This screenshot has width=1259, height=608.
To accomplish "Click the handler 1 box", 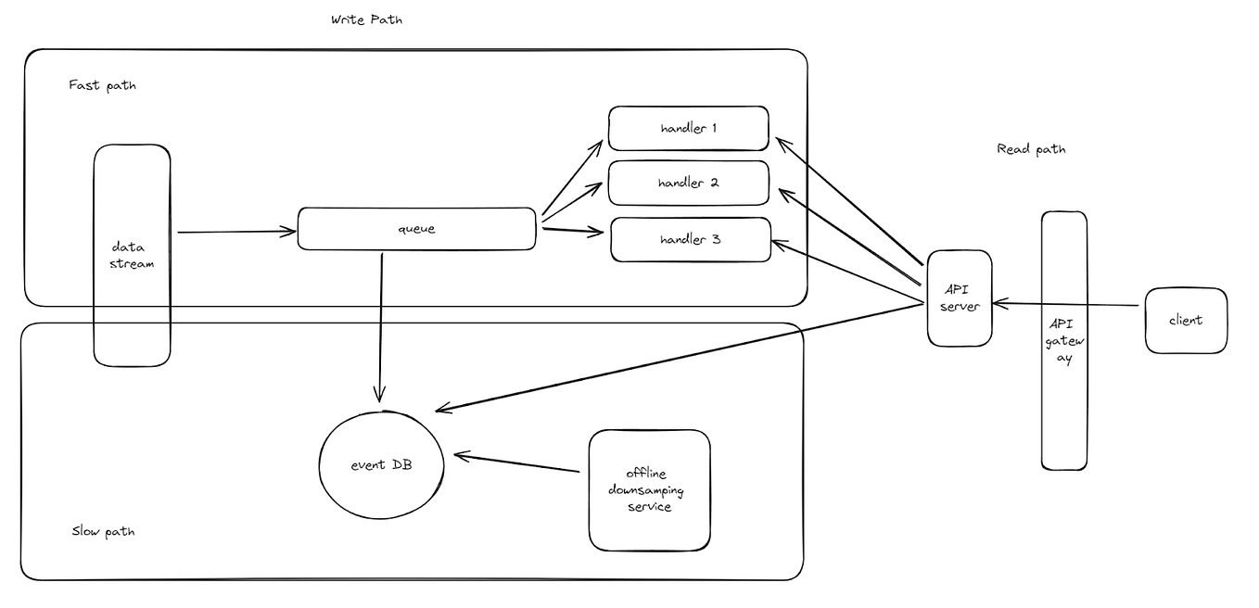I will tap(688, 128).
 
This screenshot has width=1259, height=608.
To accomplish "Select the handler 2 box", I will tap(688, 183).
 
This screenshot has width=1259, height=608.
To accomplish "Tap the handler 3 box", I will tap(690, 239).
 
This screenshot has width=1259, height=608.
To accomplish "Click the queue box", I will tap(416, 229).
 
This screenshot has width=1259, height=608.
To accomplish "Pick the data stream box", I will tap(132, 255).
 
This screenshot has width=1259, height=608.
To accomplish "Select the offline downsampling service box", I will tap(649, 490).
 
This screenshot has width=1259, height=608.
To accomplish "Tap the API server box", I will tap(960, 298).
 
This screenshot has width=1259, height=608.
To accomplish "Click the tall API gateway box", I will tap(1063, 340).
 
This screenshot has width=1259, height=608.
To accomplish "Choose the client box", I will tap(1186, 320).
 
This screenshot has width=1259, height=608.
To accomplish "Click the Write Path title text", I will tap(367, 19).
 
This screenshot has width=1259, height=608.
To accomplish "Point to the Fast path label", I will tap(102, 85).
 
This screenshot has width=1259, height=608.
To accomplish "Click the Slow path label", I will tap(104, 532).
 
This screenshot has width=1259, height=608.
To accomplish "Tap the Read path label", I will tap(1030, 149).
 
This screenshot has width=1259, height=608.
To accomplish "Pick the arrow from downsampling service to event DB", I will tap(517, 463).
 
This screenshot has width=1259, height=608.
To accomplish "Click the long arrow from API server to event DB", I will tap(681, 357).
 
